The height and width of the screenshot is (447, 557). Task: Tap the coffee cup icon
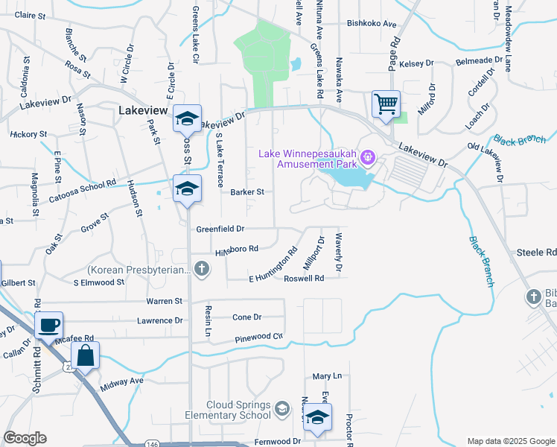(49, 325)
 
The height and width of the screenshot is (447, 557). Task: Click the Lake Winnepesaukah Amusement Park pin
(366, 158)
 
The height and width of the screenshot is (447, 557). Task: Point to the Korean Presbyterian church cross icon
(200, 268)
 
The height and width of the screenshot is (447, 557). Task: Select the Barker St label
(248, 191)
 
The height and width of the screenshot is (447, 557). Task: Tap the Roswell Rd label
(304, 279)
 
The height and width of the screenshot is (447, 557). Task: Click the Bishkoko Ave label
(372, 24)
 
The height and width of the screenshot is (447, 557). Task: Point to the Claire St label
(31, 15)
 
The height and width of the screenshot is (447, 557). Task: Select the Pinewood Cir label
(258, 337)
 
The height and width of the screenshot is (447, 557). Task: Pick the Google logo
(25, 438)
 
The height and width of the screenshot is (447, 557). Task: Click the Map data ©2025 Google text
(510, 441)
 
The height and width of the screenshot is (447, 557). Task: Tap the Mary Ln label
(326, 377)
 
